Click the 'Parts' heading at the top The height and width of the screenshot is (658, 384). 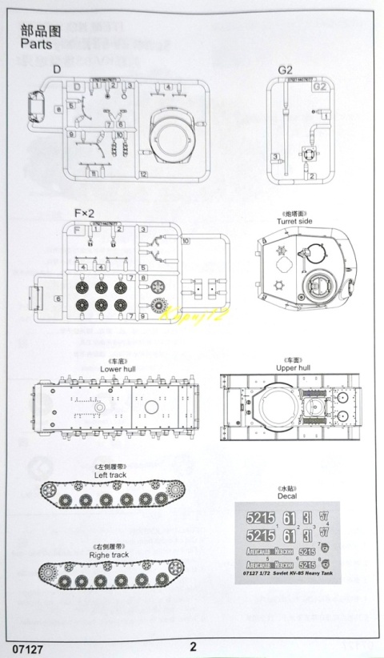click(36, 45)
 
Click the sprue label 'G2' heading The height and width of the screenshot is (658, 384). click(285, 70)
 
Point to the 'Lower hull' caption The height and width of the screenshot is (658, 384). click(118, 369)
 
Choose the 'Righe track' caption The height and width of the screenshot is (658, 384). click(110, 553)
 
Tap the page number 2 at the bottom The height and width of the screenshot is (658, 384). click(193, 646)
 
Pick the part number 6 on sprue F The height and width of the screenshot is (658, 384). click(58, 298)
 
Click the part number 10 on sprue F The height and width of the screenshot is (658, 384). click(186, 239)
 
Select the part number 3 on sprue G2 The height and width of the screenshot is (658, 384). click(274, 157)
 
